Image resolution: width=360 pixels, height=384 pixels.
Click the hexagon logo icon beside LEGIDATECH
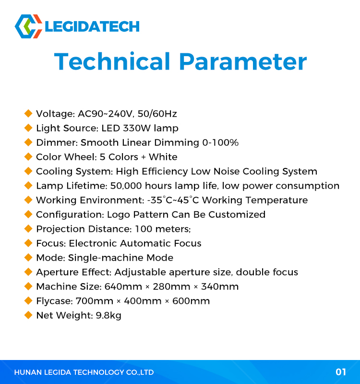point(28,26)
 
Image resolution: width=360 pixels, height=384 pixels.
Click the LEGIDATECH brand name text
point(92,26)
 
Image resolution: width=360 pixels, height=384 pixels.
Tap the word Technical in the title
point(112,61)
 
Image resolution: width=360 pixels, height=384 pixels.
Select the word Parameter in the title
point(243,61)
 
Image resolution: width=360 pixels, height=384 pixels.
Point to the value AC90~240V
point(106,114)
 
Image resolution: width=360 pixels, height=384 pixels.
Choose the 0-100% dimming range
point(220,143)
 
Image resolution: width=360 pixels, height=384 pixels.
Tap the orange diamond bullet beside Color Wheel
point(28,157)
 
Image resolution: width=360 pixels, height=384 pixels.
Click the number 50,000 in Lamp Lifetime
point(126,186)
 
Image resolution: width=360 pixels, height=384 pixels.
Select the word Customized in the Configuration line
point(237,215)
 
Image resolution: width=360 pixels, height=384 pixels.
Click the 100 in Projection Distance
point(144,229)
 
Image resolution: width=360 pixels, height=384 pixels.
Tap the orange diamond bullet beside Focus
point(28,243)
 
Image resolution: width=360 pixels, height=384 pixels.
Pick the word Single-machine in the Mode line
point(106,258)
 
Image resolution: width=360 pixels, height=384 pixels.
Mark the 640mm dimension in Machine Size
point(123,287)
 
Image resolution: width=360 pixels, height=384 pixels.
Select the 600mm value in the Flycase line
point(191,301)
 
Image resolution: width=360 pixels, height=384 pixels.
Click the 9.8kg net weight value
point(108,315)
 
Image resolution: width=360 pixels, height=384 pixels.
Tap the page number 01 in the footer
point(341,372)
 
